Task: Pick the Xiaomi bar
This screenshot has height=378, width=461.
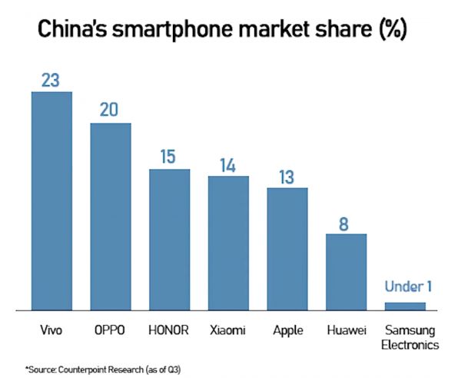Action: click(228, 243)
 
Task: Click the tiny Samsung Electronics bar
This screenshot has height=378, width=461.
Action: click(405, 306)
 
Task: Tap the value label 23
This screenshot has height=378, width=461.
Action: click(51, 78)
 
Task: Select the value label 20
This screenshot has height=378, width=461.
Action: click(111, 109)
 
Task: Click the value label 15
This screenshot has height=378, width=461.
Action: click(169, 156)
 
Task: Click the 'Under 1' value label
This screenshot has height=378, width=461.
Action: click(406, 287)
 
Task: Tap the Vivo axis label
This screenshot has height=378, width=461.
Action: click(51, 330)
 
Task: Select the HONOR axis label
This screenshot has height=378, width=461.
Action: click(169, 330)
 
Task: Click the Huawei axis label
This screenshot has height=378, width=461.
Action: click(346, 330)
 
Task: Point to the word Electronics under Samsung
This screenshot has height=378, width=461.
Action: click(410, 345)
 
